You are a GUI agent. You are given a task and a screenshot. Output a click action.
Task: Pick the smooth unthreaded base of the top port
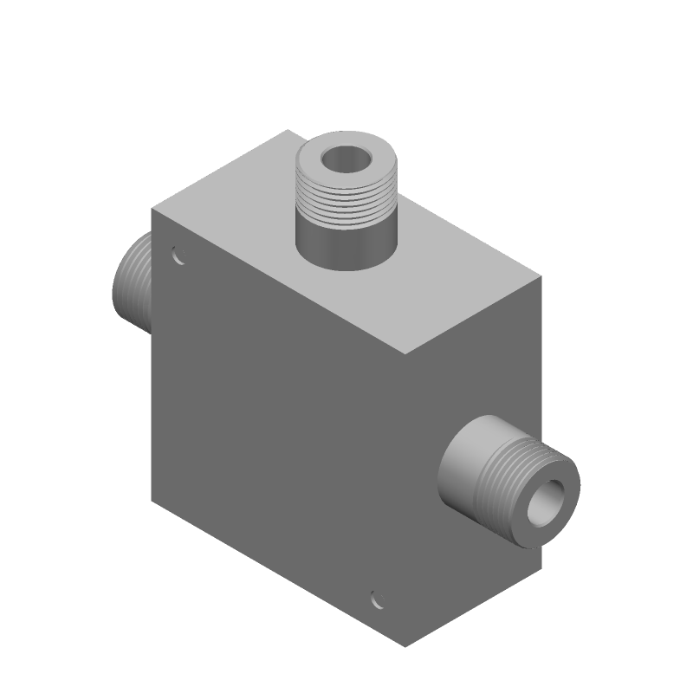pos(345,247)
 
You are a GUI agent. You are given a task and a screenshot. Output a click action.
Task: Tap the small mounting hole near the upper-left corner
pos(178,256)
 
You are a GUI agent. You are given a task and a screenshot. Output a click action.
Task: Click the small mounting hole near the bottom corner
pos(377,599)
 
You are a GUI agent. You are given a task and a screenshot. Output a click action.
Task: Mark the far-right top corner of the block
pos(541,278)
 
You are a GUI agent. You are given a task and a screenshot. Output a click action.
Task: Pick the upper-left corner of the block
pos(152,210)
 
